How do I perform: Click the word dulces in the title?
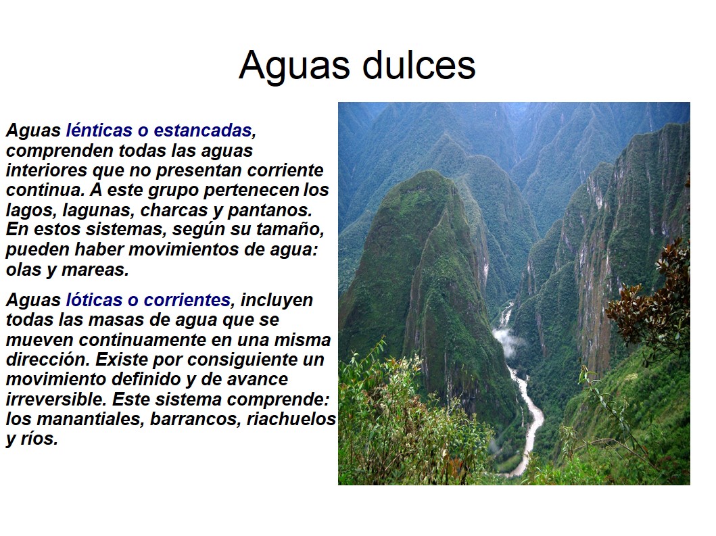pos(419,65)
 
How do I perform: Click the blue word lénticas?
pos(99,130)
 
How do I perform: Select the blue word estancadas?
pos(203,130)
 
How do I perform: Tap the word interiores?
pos(47,170)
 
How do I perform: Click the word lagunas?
pos(97,210)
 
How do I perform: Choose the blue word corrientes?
pos(187,300)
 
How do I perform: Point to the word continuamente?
pos(142,340)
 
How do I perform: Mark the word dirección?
pos(48,360)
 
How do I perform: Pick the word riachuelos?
pos(291,418)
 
